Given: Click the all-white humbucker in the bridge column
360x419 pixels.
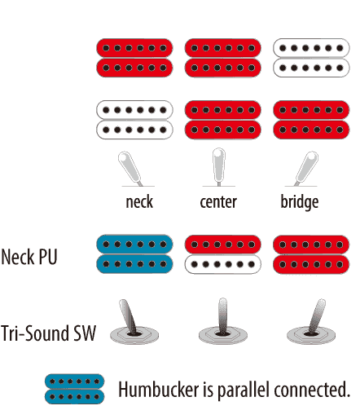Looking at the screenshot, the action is pyautogui.click(x=311, y=58).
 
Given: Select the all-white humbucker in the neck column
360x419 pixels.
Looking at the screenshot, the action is pyautogui.click(x=134, y=120).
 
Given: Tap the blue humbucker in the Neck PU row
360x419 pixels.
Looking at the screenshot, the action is pyautogui.click(x=134, y=254).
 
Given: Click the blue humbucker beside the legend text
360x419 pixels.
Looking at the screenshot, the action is pyautogui.click(x=75, y=389).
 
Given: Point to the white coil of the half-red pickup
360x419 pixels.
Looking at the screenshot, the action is pyautogui.click(x=223, y=264).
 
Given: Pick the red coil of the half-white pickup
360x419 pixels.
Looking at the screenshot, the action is pyautogui.click(x=223, y=245).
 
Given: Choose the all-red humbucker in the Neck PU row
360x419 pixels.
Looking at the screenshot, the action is pyautogui.click(x=311, y=254).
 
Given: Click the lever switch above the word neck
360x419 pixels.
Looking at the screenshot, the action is pyautogui.click(x=130, y=168).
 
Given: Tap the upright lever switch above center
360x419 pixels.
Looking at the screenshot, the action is pyautogui.click(x=219, y=166).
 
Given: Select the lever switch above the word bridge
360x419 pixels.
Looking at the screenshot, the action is pyautogui.click(x=306, y=168).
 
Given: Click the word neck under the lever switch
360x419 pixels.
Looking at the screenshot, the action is pyautogui.click(x=139, y=202).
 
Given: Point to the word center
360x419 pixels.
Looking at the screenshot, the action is pyautogui.click(x=218, y=202).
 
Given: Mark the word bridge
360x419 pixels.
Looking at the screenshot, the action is pyautogui.click(x=300, y=202).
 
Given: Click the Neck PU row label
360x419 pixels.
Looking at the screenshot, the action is pyautogui.click(x=29, y=257).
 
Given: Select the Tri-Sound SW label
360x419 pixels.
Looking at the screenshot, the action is pyautogui.click(x=48, y=333).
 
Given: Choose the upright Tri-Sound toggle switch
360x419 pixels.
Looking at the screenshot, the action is pyautogui.click(x=223, y=321).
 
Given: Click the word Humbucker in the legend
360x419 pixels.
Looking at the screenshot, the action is pyautogui.click(x=159, y=389).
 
